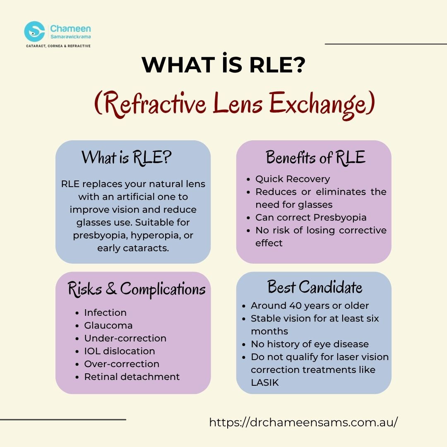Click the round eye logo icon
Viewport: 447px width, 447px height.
34,31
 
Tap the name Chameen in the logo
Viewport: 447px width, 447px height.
70,29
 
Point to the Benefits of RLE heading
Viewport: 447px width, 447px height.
315,158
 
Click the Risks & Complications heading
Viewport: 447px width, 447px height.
137,289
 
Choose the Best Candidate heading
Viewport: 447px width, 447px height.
315,287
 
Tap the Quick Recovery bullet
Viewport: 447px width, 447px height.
293,179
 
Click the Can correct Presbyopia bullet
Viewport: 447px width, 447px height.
311,217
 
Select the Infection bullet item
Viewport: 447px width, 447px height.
105,312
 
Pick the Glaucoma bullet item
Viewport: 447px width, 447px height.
108,325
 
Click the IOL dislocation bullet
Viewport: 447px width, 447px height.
119,351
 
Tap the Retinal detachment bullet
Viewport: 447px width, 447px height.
132,377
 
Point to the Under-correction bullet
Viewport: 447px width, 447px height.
125,338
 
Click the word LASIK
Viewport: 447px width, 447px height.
265,382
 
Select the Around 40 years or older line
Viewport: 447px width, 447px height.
310,306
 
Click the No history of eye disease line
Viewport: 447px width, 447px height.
310,344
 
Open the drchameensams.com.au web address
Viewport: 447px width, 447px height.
303,422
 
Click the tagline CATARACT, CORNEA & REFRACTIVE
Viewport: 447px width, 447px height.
58,46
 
